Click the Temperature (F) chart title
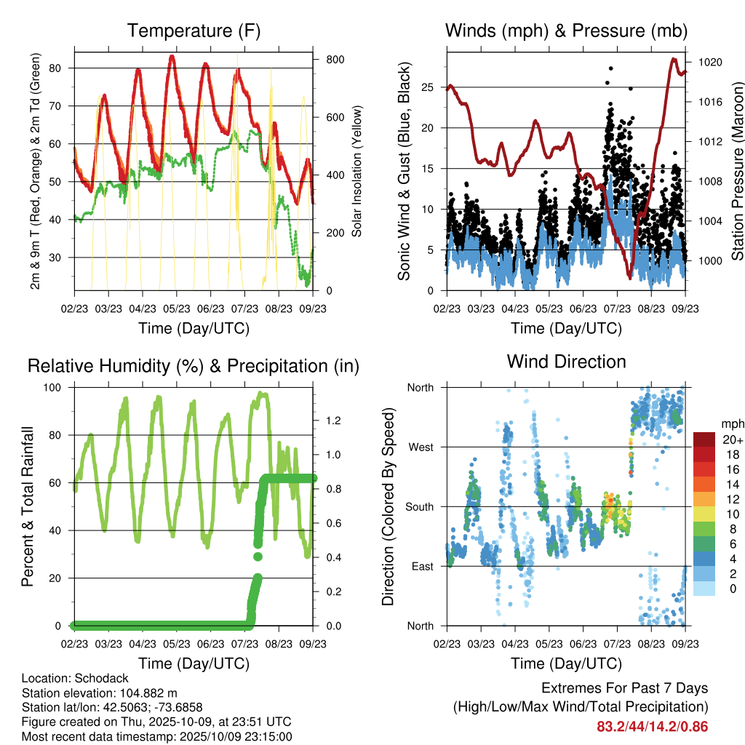(194, 31)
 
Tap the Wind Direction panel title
(566, 361)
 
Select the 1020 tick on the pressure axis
(709, 63)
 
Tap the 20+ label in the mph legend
(733, 439)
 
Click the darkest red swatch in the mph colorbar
(704, 439)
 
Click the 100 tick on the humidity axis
(60, 388)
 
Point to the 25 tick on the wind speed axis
(427, 87)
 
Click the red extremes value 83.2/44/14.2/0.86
(652, 726)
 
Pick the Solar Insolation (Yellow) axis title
(357, 171)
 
